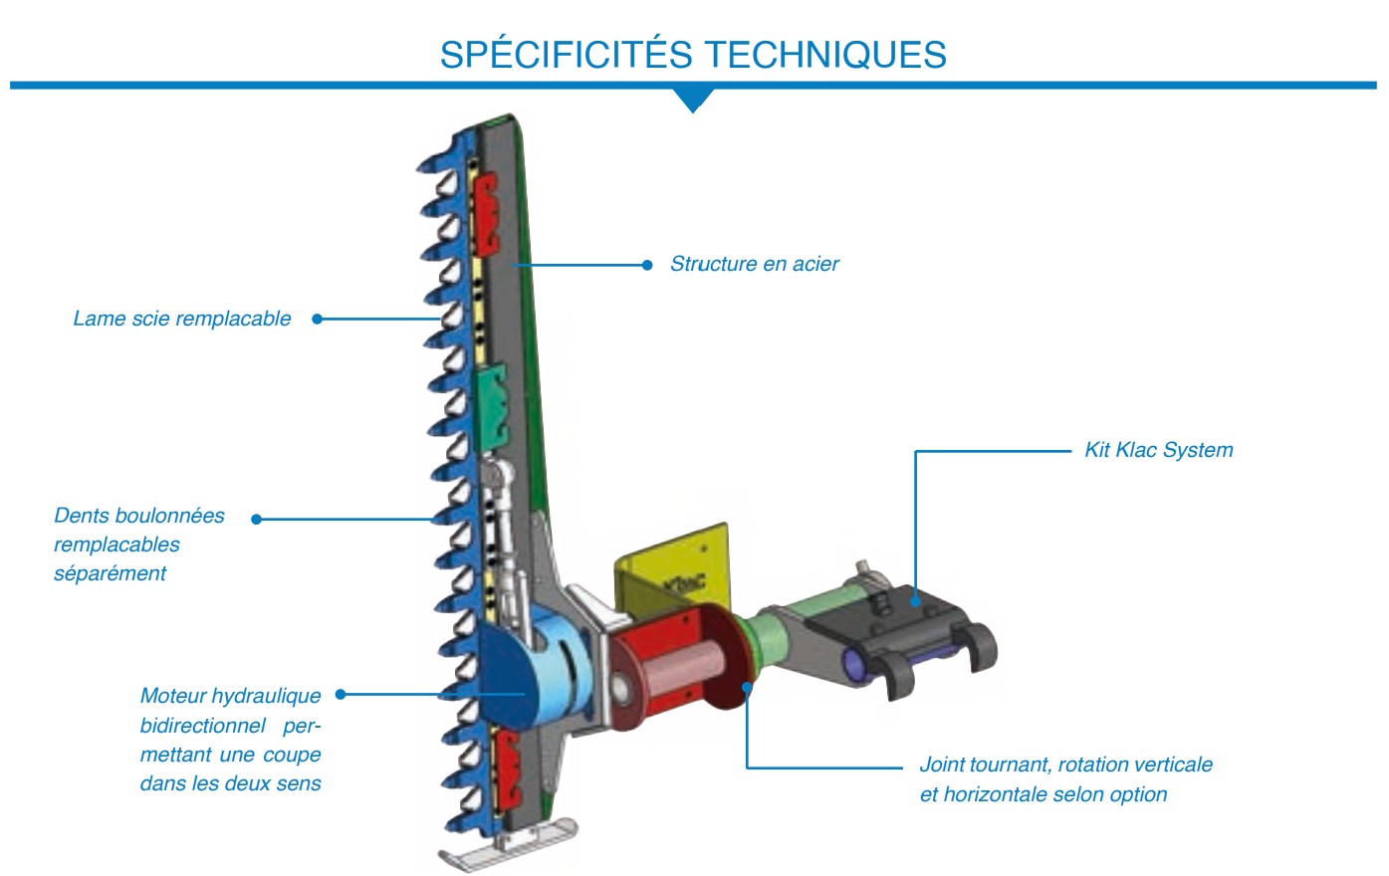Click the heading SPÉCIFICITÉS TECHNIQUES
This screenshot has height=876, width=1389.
pos(693,55)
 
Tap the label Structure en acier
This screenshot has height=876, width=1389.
pos(754,264)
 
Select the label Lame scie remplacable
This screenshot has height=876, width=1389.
pos(182,319)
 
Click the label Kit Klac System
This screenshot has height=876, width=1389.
pos(1158,450)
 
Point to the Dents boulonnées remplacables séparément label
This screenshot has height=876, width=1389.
pos(138,544)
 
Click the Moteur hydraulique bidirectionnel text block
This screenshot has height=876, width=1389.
pos(230,739)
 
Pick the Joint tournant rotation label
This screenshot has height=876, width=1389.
pos(1065,779)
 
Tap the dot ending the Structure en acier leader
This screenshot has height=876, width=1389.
pos(647,265)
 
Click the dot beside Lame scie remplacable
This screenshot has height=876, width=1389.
pos(318,319)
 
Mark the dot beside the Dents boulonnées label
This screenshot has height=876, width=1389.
pos(256,519)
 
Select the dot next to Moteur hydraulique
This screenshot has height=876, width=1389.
pos(341,695)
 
